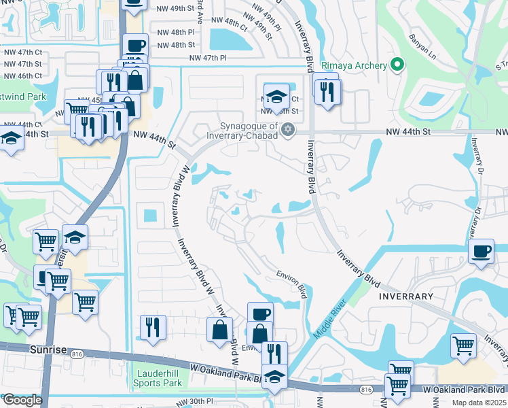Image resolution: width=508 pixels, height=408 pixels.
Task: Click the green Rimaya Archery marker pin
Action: click(398, 66)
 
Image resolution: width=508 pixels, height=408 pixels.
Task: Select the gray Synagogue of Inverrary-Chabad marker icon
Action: click(289, 129)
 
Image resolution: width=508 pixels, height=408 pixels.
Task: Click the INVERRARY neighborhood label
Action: click(407, 296)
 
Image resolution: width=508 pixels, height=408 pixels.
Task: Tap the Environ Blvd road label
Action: click(292, 283)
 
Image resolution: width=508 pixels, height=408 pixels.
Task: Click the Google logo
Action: click(22, 400)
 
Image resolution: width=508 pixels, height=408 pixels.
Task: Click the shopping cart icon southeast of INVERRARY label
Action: click(463, 345)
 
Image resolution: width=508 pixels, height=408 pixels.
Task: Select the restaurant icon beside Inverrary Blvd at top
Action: click(329, 91)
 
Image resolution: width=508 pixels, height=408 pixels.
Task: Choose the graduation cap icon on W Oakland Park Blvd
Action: click(274, 376)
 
